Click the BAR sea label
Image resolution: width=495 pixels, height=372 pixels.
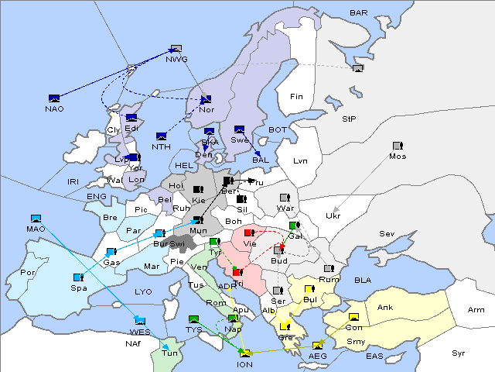coord(358,13)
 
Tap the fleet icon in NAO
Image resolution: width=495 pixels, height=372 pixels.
coord(54,98)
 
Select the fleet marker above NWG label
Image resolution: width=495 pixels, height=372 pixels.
coord(176,49)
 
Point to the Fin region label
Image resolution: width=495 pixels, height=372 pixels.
coord(295,97)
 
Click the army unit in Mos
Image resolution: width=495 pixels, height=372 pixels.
coord(398,146)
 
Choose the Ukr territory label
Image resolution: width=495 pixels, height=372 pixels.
coord(333,215)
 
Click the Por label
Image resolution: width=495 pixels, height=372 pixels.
coord(29,273)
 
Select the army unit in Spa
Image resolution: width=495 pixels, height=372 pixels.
coord(78,277)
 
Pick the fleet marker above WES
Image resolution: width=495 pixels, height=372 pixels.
coord(140,320)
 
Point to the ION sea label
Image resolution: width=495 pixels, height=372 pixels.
coord(244,364)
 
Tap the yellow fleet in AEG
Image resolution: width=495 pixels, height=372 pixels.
coord(317,346)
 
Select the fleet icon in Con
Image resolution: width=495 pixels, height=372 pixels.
coord(354,318)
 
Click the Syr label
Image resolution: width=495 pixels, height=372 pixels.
coord(459,353)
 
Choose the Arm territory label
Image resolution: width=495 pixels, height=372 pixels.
coord(476,310)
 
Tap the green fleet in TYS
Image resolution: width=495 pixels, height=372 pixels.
coord(194,319)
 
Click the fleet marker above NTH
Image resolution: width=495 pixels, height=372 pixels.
coord(162,136)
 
